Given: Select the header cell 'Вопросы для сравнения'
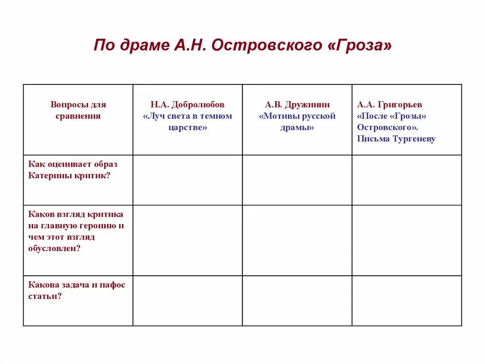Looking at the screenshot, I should (x=78, y=110).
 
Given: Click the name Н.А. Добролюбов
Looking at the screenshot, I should (x=188, y=104).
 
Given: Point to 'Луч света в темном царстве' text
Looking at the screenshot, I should (x=188, y=122).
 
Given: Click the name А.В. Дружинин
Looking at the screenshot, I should (x=297, y=104).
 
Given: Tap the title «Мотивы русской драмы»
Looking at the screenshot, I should (x=297, y=122).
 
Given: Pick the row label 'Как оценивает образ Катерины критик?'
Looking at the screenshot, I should (x=73, y=170).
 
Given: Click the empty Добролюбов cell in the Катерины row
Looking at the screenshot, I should (x=188, y=180).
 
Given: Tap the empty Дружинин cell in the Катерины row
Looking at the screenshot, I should (x=297, y=180).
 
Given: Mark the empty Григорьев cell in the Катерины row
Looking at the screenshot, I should (x=407, y=180).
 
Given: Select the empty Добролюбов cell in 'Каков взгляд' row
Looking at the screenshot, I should (x=188, y=240).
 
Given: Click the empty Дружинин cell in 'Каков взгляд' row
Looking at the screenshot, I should (x=297, y=240).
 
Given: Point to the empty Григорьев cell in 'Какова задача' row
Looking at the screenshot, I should (x=407, y=301).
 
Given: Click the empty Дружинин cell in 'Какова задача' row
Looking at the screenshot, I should (x=297, y=301).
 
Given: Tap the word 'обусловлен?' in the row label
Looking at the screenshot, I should (x=54, y=248).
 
